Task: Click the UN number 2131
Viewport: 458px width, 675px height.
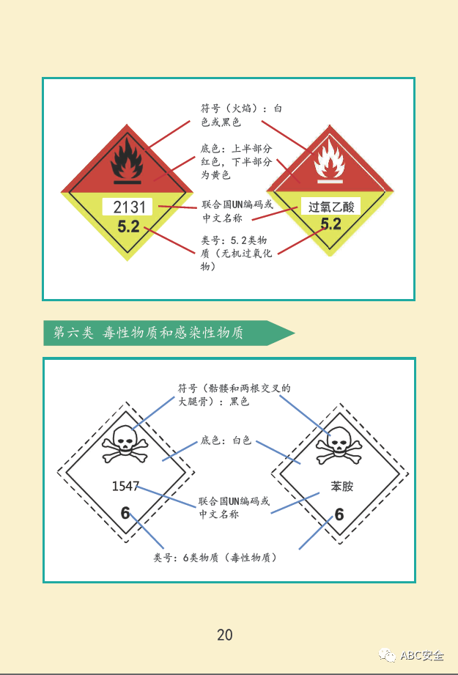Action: [130, 207]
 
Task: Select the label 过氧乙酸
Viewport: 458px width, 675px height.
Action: [331, 207]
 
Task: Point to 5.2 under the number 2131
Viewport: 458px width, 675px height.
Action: [128, 227]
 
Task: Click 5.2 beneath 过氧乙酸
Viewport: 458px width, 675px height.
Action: [331, 224]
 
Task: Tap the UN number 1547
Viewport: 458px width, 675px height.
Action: [125, 486]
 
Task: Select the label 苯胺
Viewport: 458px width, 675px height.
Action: [341, 486]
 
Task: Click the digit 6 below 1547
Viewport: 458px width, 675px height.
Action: [125, 513]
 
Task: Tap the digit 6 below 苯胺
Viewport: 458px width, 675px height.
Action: [339, 514]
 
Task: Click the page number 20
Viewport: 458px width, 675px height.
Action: [225, 635]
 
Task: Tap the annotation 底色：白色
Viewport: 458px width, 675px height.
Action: [226, 440]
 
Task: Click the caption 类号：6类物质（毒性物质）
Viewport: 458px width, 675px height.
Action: [215, 558]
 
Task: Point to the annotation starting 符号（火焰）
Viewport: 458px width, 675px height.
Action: [241, 115]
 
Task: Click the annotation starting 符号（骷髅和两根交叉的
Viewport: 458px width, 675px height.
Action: [234, 394]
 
